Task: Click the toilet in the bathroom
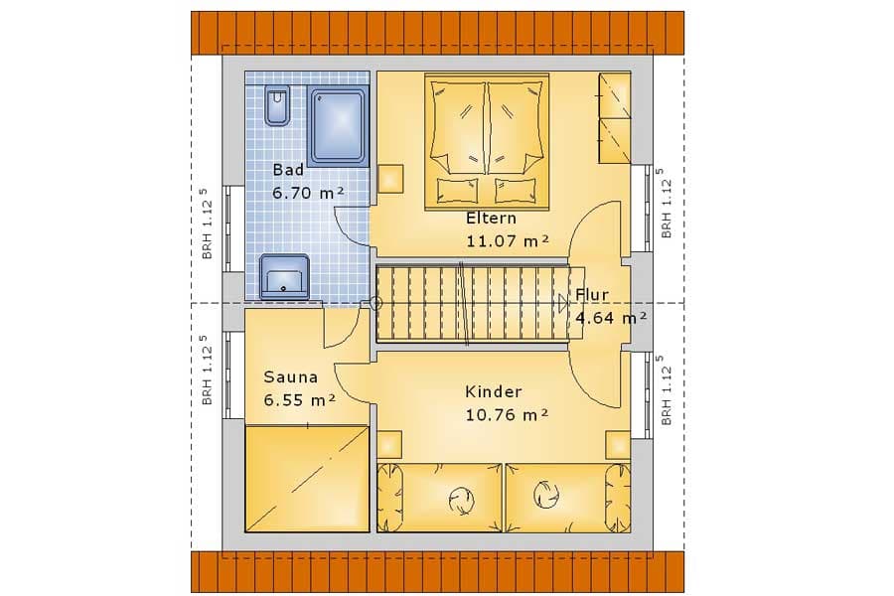click(277, 107)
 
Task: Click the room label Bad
click(288, 170)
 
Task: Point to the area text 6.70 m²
click(308, 192)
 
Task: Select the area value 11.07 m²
click(508, 239)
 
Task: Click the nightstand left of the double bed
click(391, 179)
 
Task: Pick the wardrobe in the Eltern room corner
click(615, 118)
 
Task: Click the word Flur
click(592, 296)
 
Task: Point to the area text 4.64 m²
click(611, 318)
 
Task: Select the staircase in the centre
click(472, 303)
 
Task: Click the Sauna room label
click(290, 377)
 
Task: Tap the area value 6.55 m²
click(299, 400)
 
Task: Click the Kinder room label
click(494, 392)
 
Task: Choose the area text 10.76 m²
click(508, 415)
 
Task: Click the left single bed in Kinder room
click(438, 496)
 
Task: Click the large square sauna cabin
click(307, 477)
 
